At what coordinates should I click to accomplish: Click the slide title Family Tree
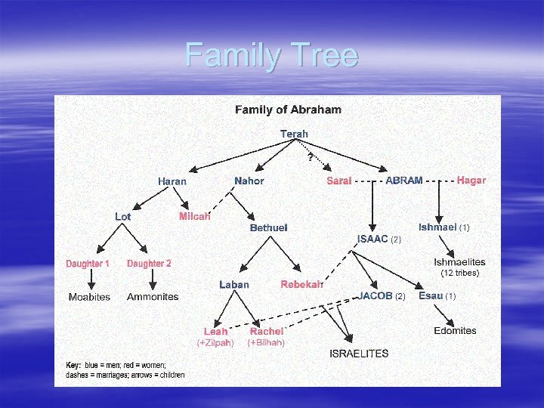[x=271, y=56]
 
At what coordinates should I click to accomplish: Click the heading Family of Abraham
[x=288, y=110]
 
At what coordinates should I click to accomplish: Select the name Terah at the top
[x=294, y=134]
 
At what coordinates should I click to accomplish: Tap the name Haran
[x=172, y=181]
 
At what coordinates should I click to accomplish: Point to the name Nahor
[x=249, y=181]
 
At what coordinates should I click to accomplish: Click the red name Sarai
[x=339, y=181]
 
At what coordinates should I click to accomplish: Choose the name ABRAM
[x=404, y=181]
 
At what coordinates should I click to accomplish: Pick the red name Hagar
[x=471, y=181]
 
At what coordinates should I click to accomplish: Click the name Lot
[x=123, y=217]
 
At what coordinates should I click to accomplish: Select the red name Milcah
[x=194, y=217]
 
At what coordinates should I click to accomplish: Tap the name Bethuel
[x=269, y=227]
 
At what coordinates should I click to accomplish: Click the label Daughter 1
[x=88, y=264]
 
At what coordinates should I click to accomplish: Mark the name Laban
[x=234, y=285]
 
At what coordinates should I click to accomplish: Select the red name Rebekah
[x=302, y=285]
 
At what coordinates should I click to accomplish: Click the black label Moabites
[x=89, y=297]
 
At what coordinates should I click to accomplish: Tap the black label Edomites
[x=456, y=330]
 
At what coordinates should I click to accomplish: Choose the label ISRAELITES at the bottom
[x=360, y=353]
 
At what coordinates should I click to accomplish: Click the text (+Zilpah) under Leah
[x=215, y=342]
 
